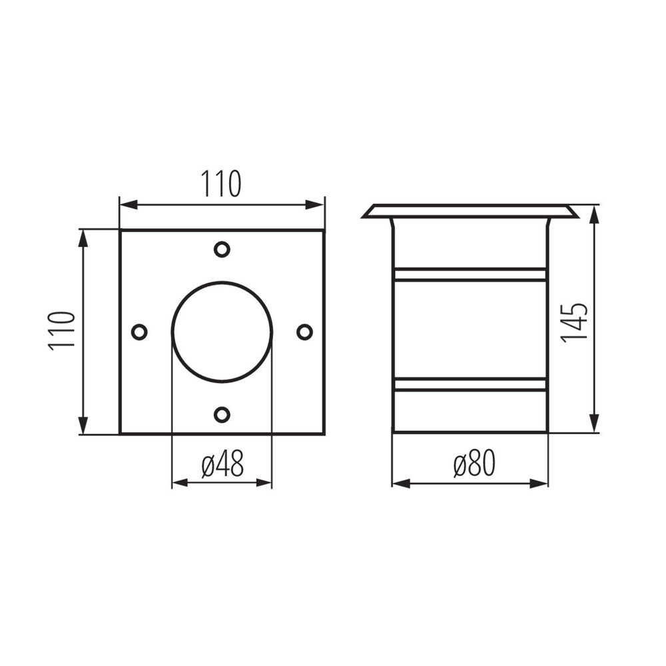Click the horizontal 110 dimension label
pos(221,184)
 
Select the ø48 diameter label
pos(222,464)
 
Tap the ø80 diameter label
pos(474,464)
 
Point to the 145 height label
pos(574,322)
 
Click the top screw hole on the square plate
pos(222,249)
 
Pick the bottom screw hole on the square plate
pos(222,414)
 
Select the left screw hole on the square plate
pos(139,332)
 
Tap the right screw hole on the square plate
pos(304,332)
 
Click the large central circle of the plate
pos(222,332)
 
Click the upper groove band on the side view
pos(470,274)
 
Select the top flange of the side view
pos(470,211)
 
